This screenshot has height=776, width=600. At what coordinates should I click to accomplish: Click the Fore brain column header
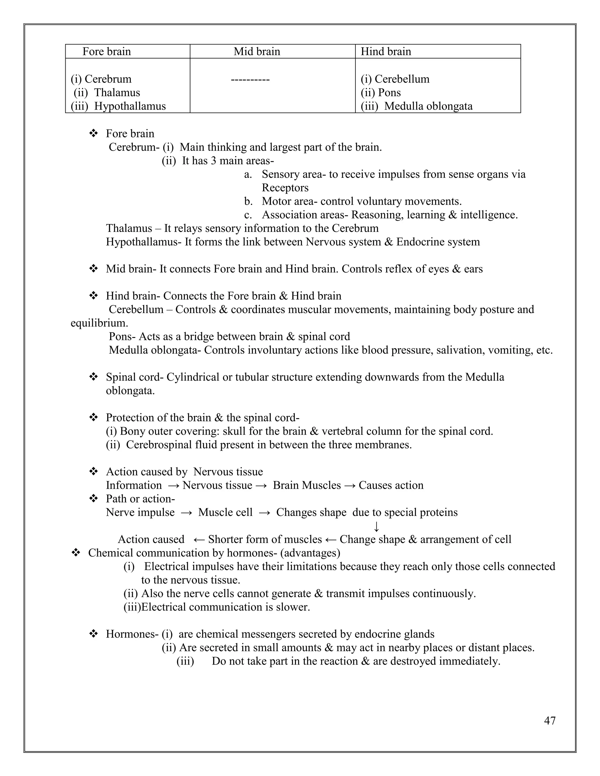(x=107, y=52)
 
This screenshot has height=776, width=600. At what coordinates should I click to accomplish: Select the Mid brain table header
(x=257, y=52)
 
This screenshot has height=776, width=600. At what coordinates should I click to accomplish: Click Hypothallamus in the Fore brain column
(x=130, y=106)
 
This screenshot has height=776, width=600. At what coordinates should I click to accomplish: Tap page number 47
(x=550, y=721)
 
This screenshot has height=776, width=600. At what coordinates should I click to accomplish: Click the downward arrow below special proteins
(x=376, y=526)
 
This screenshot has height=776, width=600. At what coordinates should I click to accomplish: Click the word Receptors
(x=285, y=188)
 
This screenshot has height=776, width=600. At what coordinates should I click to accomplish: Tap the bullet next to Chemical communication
(x=76, y=553)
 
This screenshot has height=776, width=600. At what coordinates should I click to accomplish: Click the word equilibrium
(x=99, y=323)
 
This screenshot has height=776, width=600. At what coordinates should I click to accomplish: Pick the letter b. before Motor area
(x=248, y=201)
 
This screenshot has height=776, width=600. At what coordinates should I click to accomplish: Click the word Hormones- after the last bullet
(x=132, y=634)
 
